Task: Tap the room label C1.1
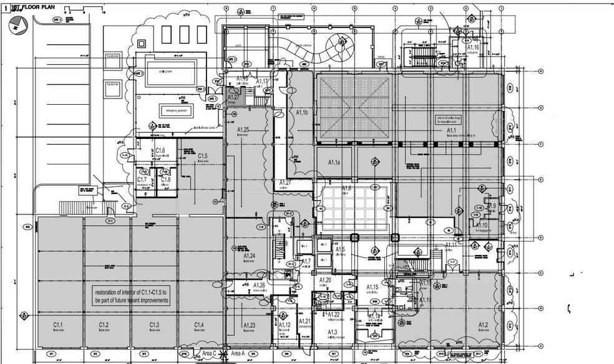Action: [58, 325]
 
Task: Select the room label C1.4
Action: [198, 325]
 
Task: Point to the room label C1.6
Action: [160, 151]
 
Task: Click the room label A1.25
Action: [243, 130]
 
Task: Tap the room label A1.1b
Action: [302, 113]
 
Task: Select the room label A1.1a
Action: [334, 162]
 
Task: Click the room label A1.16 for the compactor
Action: [472, 47]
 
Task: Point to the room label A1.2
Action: [482, 325]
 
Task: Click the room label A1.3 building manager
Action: [332, 332]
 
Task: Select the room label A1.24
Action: [249, 256]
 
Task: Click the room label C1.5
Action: [202, 156]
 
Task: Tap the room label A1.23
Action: [249, 325]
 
